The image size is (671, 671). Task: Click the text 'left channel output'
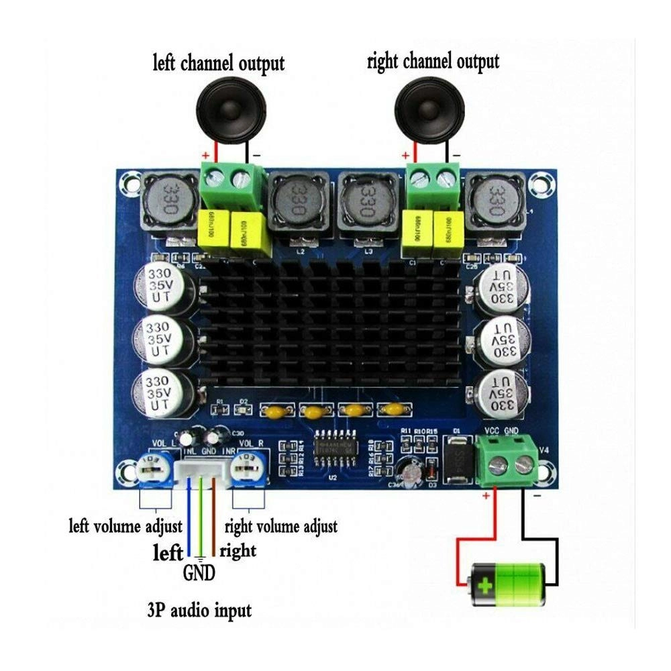pyautogui.click(x=219, y=63)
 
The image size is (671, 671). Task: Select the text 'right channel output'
pyautogui.click(x=433, y=62)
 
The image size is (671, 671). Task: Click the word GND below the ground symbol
pyautogui.click(x=199, y=574)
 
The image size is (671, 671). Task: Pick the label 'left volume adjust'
pyautogui.click(x=126, y=525)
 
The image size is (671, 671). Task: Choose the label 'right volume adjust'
pyautogui.click(x=280, y=525)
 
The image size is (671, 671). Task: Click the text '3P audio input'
pyautogui.click(x=199, y=611)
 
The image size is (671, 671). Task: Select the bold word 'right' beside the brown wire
pyautogui.click(x=238, y=551)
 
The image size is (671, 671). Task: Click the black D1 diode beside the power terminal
pyautogui.click(x=459, y=458)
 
